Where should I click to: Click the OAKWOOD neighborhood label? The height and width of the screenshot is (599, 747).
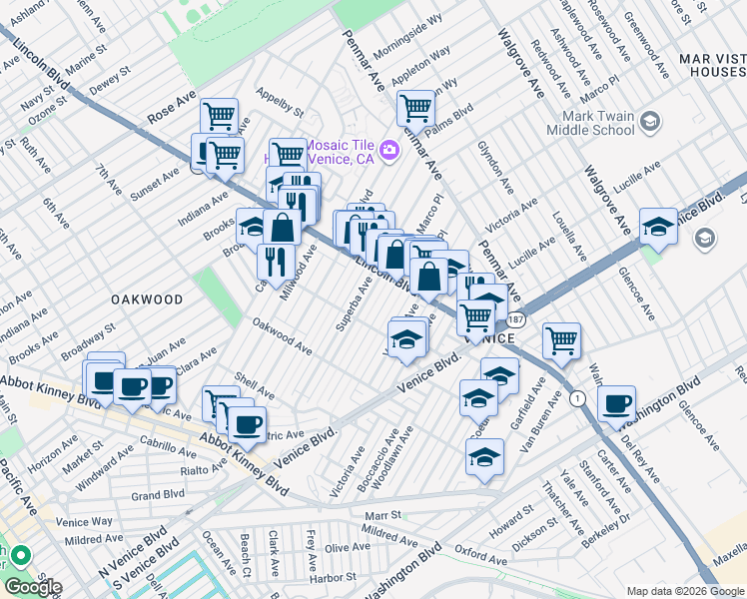(146, 299)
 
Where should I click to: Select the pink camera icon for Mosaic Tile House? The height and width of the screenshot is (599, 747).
(389, 151)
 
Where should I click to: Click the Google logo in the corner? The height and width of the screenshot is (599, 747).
(33, 587)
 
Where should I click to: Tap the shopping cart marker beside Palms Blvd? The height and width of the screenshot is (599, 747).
(416, 107)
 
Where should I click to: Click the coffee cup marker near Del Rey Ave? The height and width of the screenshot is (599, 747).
(616, 402)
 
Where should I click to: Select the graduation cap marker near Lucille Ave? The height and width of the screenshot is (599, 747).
(658, 226)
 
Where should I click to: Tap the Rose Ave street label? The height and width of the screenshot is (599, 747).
(173, 104)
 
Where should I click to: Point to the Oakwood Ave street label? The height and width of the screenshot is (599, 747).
(282, 335)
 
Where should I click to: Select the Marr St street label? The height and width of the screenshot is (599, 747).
(381, 515)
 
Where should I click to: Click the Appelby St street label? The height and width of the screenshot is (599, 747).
(280, 101)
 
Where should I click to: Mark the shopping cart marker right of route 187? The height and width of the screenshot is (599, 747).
(562, 339)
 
